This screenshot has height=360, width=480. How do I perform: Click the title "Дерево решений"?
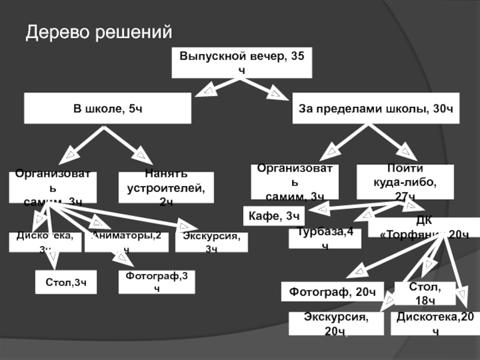click(98, 31)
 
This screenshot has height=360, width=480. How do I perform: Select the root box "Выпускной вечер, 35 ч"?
click(242, 62)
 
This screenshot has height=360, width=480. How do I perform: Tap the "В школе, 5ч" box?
click(107, 108)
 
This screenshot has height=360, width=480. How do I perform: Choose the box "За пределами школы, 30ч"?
click(376, 108)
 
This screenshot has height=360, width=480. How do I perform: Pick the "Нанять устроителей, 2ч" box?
click(166, 188)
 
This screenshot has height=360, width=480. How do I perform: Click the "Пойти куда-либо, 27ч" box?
click(397, 182)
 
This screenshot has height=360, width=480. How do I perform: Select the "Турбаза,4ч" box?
click(325, 238)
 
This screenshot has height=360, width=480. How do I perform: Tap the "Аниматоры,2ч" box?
click(126, 242)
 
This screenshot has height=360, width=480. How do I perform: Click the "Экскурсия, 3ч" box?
click(211, 242)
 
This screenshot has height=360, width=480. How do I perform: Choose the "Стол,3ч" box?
click(65, 281)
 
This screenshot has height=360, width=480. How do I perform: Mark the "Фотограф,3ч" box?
click(157, 281)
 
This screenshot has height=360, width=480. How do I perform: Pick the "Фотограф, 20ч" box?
click(332, 292)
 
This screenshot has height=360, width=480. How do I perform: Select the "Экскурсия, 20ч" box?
click(335, 323)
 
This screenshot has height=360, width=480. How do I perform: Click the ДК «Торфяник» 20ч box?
click(424, 227)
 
